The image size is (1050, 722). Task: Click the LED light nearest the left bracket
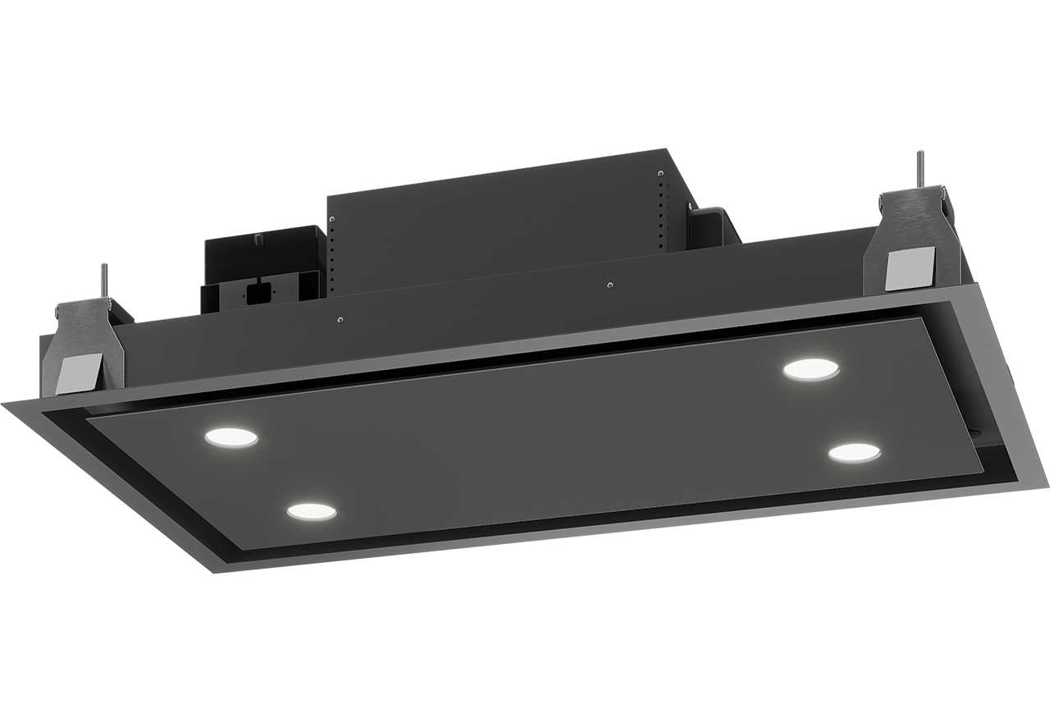(231, 437)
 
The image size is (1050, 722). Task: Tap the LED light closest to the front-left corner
(312, 510)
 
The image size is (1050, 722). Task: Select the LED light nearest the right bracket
(810, 370)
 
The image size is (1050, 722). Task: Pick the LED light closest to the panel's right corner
(854, 452)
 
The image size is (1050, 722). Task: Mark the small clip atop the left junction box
(258, 239)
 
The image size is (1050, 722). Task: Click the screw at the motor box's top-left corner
(331, 219)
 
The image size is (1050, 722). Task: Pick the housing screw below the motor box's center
(609, 285)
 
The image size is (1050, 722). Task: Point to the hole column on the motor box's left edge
(334, 254)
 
